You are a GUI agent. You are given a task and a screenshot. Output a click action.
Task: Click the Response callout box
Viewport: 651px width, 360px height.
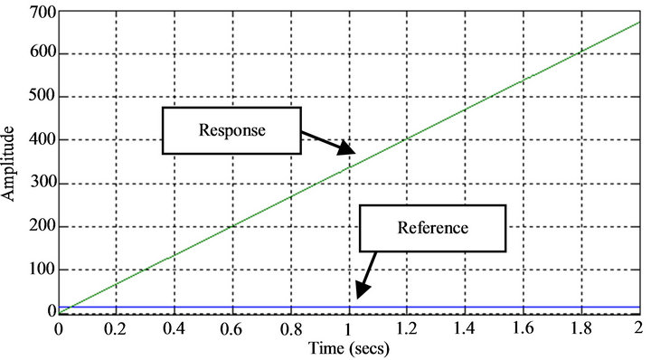pos(232,130)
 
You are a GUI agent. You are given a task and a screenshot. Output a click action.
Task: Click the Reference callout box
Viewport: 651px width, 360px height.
pos(432,227)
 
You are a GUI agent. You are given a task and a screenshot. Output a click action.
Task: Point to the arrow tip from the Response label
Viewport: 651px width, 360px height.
pos(355,149)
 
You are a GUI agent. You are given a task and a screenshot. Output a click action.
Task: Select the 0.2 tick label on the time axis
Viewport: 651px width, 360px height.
pos(117,328)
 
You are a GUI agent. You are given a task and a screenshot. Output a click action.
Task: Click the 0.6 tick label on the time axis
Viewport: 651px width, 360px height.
pos(232,328)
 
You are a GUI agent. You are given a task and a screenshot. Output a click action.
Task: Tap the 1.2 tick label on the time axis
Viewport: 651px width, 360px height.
pos(406,328)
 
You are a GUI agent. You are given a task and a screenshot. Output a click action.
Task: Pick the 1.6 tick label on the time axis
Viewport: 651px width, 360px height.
pos(522,328)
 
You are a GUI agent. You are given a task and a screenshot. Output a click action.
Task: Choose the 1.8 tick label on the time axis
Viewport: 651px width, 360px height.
pos(580,328)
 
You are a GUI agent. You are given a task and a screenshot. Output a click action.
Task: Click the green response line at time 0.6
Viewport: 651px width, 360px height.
pos(232,224)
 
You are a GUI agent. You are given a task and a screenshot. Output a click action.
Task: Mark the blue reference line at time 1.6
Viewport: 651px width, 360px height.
pos(522,308)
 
